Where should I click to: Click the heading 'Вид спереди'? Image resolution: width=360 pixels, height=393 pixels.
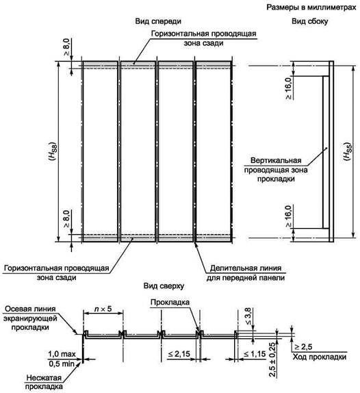158,21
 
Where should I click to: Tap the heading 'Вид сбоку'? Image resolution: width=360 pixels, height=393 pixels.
309,21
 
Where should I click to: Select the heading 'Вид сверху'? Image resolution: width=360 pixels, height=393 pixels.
164,286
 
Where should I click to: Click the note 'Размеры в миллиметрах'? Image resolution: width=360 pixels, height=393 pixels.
311,8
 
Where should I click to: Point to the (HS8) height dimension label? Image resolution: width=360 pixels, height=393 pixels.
53,152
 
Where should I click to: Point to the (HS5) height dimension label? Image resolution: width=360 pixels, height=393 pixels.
348,151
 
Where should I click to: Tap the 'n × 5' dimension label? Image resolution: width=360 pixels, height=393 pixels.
103,309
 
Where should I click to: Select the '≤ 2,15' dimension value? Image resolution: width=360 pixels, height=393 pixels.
179,354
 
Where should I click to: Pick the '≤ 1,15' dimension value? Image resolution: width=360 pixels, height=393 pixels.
255,354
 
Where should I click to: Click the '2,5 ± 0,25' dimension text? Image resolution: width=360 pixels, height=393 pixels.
272,359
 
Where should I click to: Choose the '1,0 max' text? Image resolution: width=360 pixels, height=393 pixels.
62,354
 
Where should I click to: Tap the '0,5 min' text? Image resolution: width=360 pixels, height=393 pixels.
62,364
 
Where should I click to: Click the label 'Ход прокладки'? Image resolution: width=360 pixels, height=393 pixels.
320,357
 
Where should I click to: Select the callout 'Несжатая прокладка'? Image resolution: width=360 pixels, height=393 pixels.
44,382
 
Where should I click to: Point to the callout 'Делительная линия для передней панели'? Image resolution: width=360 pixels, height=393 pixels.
246,272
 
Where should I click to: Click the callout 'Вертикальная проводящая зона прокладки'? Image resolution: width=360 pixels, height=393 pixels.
276,170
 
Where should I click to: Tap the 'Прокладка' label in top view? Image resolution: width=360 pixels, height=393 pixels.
170,303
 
